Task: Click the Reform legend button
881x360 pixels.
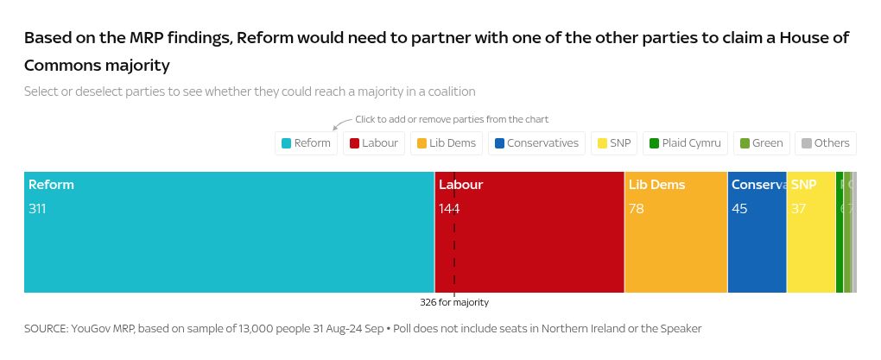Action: point(307,143)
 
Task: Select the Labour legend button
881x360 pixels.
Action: point(374,143)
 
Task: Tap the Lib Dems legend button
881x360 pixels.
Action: point(447,143)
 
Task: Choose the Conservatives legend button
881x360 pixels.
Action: point(536,143)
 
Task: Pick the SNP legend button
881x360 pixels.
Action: point(613,143)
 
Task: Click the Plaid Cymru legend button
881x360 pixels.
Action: point(685,143)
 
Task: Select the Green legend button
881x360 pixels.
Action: point(761,143)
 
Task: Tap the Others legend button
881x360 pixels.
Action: point(825,143)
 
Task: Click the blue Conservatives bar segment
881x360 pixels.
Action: point(757,250)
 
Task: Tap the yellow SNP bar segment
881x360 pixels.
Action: point(810,250)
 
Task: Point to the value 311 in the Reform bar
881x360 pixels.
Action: point(37,209)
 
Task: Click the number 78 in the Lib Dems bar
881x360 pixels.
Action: point(637,209)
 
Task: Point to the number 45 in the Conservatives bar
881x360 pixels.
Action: point(739,209)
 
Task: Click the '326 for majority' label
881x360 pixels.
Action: point(454,303)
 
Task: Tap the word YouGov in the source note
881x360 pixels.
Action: point(95,329)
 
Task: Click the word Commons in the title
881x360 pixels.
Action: point(60,66)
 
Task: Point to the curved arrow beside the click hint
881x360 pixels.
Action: point(342,123)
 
